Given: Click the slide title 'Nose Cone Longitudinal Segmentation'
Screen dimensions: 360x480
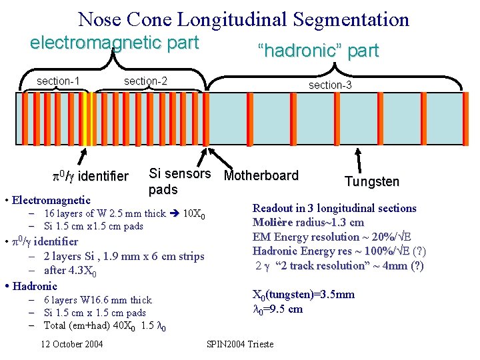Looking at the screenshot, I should click(243, 19).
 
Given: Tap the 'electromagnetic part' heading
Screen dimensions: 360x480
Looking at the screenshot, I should click(114, 43).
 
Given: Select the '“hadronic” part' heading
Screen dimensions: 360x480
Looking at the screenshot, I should click(318, 50).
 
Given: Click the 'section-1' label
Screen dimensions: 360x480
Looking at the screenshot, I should click(59, 81).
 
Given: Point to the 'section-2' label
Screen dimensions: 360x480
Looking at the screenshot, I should click(145, 81).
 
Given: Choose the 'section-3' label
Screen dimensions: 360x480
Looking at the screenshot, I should click(329, 85).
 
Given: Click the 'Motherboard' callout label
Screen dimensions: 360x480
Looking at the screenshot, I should click(261, 176).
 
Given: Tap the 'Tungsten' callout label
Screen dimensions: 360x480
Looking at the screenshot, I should click(371, 181).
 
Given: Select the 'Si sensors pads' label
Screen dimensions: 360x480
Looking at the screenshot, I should click(179, 182).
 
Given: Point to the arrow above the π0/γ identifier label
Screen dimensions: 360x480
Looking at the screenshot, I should click(83, 157).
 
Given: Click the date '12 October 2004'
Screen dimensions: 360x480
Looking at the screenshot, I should click(71, 344).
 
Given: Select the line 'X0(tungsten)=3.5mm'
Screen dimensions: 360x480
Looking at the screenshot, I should click(303, 295).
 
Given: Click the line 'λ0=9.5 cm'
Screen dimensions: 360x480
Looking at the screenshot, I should click(278, 309).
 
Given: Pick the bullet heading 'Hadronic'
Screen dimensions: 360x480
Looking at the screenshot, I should click(35, 286).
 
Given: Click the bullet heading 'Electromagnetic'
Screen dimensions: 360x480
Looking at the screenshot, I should click(47, 199).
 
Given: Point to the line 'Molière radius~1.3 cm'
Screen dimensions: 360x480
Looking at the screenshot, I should click(308, 222).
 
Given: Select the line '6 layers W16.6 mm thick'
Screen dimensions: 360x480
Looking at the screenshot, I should click(97, 300).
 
